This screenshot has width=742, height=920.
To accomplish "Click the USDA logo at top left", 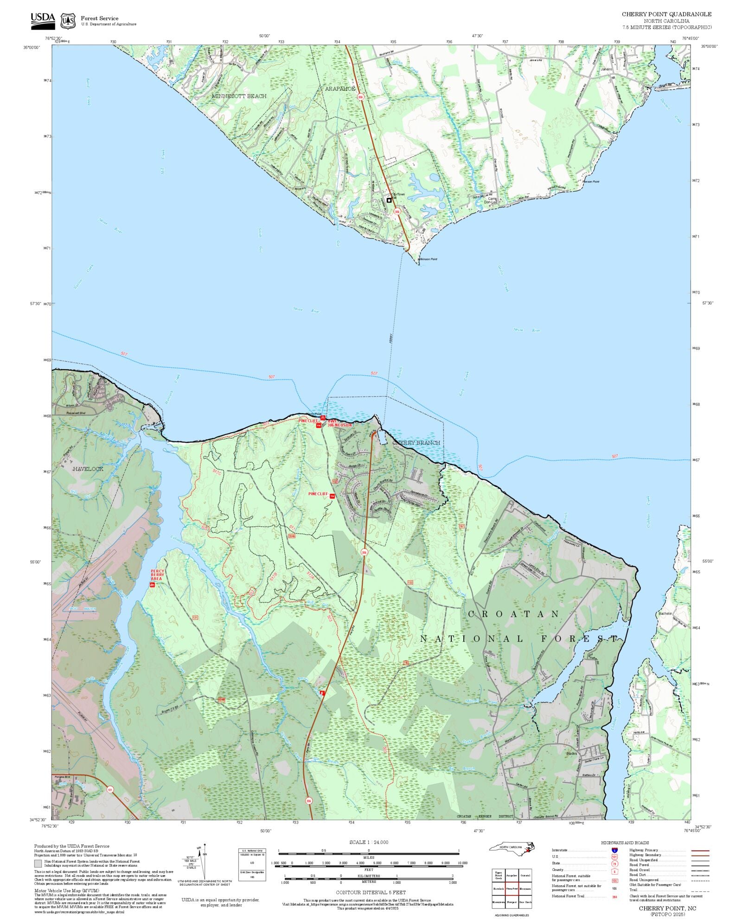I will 43,21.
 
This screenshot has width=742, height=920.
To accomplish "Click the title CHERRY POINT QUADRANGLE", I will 666,14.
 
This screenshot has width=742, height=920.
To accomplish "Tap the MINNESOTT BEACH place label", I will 239,96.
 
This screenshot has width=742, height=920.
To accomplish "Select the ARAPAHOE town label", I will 340,88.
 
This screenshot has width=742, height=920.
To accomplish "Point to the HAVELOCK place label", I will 88,469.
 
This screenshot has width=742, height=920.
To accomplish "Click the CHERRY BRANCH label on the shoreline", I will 416,443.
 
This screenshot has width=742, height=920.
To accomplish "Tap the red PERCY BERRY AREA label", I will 157,575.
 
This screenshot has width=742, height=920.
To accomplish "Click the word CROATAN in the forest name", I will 514,614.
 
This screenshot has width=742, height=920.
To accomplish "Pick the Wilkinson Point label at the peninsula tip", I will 427,259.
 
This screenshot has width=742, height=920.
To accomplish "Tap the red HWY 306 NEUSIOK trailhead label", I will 339,423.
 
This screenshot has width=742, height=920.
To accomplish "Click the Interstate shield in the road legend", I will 614,851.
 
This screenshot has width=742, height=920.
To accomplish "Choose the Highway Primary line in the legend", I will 700,851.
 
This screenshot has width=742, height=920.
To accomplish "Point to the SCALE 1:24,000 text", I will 369,842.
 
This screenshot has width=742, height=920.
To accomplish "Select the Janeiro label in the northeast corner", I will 606,69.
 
